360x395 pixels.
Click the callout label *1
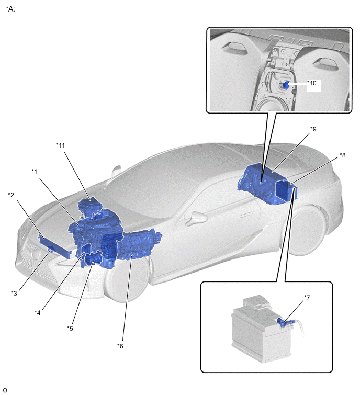tap(34, 172)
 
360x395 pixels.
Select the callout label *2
tap(11, 195)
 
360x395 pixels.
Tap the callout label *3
tap(14, 293)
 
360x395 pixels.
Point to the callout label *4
tap(38, 313)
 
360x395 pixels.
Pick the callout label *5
tap(70, 329)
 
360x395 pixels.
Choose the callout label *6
tap(120, 346)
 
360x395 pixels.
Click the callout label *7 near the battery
tap(307, 298)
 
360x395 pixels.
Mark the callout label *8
tap(343, 155)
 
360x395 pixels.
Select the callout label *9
tap(313, 129)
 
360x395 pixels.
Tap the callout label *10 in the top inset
tap(312, 83)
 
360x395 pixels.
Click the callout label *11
tap(61, 145)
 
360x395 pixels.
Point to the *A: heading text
tap(10, 9)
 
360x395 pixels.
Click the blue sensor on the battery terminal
tap(284, 322)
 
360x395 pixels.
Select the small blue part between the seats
tap(286, 85)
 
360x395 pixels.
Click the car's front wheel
tap(126, 279)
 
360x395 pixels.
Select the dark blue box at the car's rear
tap(283, 190)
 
